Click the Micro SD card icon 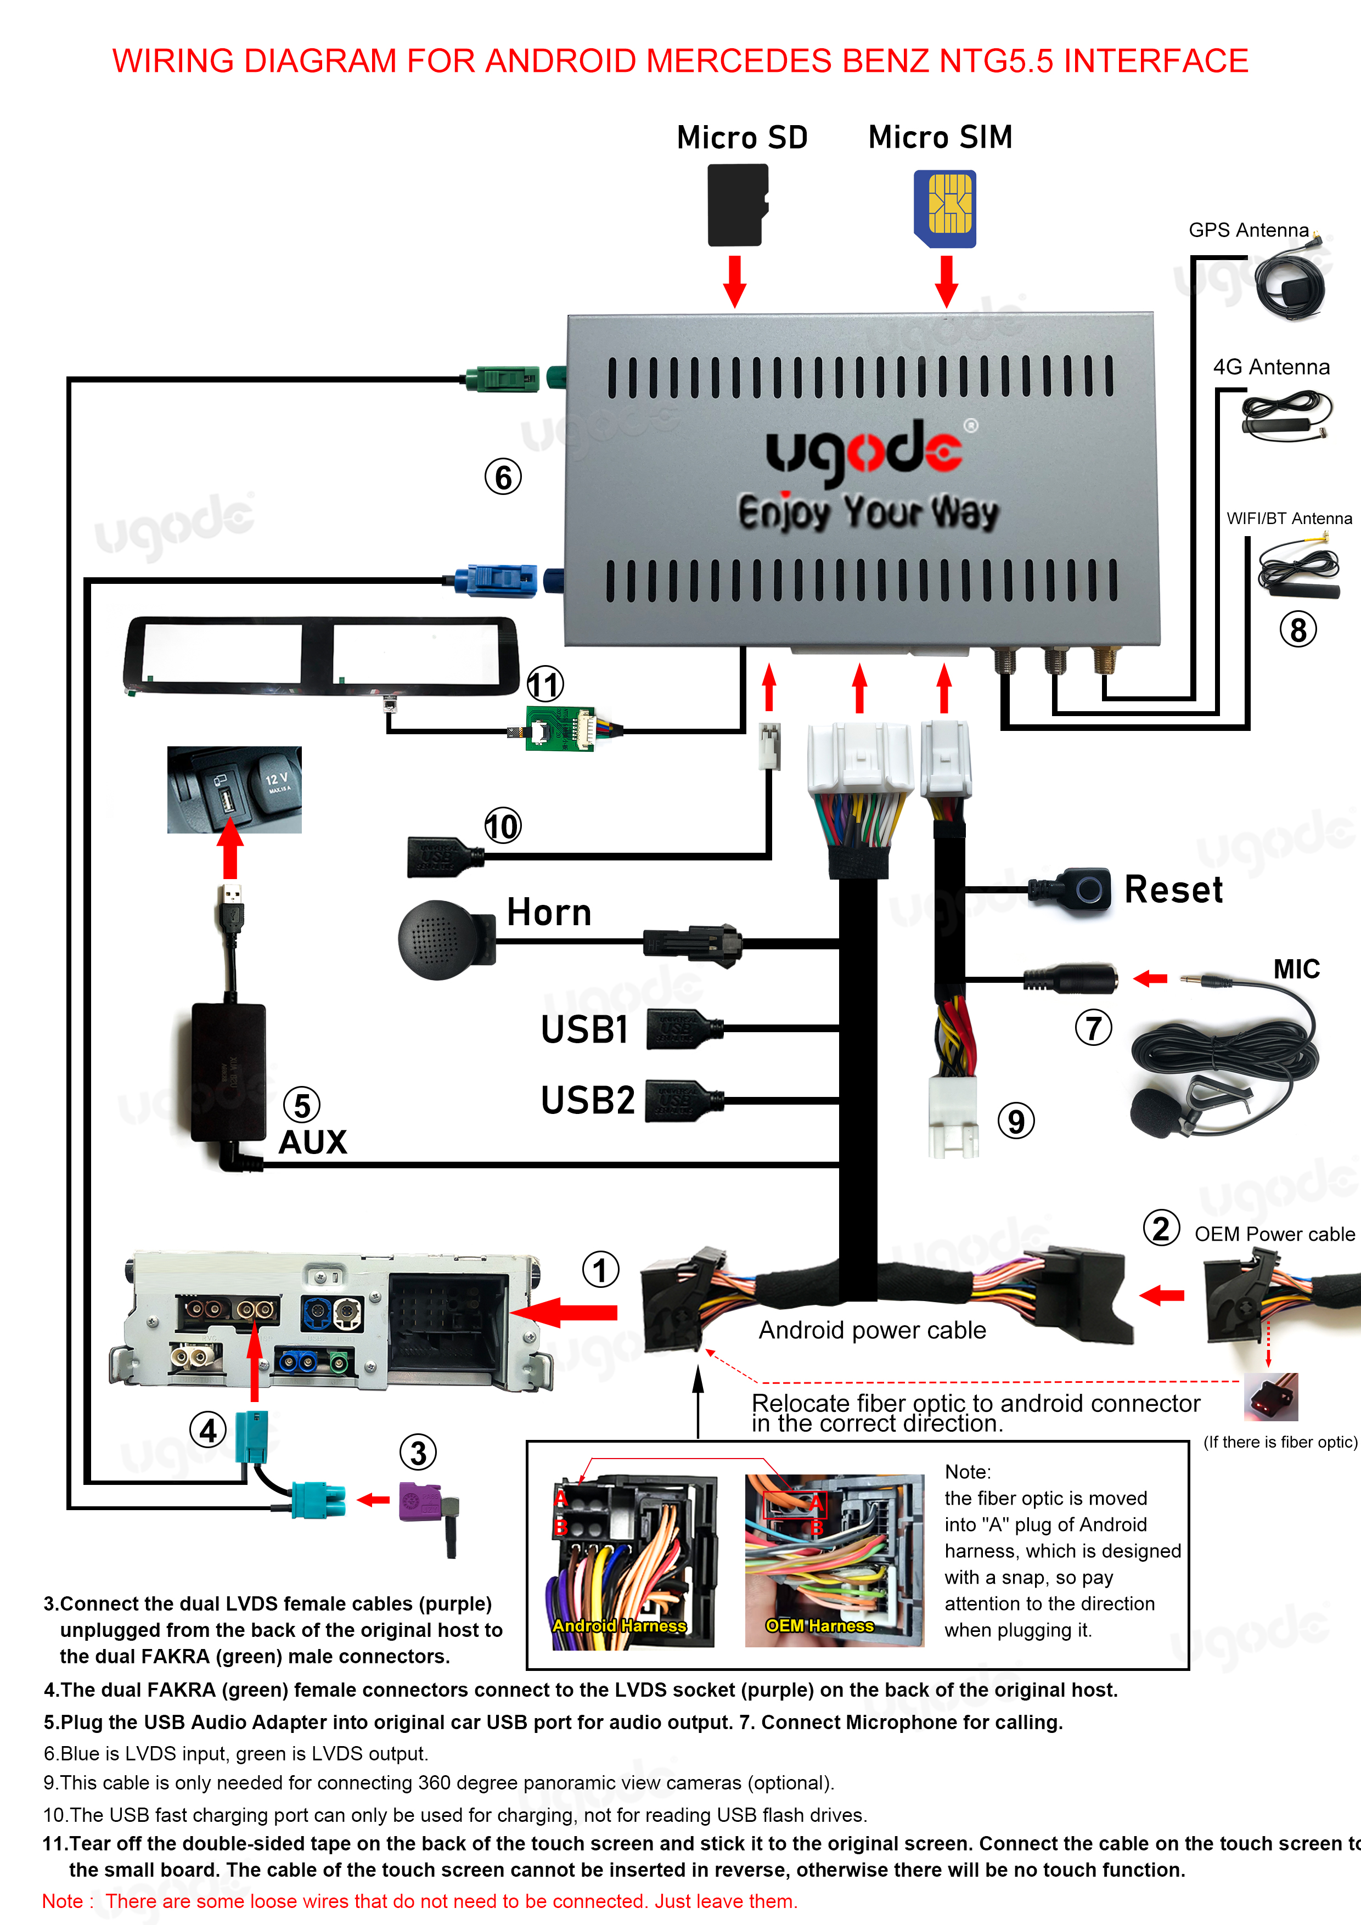[737, 205]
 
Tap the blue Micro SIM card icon [945, 209]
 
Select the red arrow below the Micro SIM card [946, 282]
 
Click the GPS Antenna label [1248, 230]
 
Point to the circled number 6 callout [503, 477]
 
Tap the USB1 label [584, 1029]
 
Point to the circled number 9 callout [1015, 1121]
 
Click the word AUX [312, 1142]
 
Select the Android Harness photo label [619, 1625]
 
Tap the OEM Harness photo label [819, 1625]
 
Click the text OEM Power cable [1274, 1234]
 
